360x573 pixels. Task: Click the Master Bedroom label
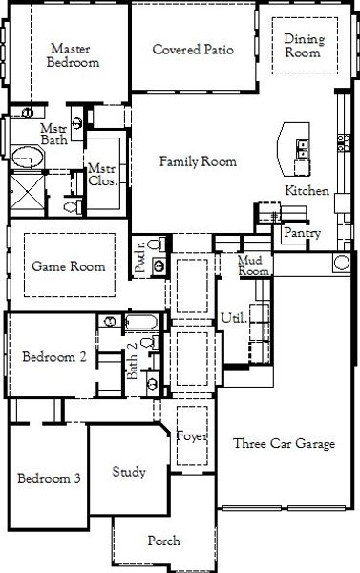click(73, 55)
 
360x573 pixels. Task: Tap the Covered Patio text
click(193, 50)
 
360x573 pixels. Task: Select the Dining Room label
click(304, 46)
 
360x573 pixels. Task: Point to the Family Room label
click(198, 161)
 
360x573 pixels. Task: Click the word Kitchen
click(307, 190)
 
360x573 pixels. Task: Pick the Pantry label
click(303, 233)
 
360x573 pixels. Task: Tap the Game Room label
click(69, 266)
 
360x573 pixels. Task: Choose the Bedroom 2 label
click(54, 356)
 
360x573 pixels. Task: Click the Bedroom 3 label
click(49, 478)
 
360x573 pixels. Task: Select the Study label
click(129, 472)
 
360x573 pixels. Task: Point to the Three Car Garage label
click(284, 443)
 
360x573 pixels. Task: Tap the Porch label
click(163, 541)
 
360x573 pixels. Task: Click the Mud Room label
click(253, 265)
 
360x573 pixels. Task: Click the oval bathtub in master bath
click(28, 158)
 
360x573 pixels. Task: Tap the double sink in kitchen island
click(303, 150)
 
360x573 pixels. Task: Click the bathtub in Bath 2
click(142, 323)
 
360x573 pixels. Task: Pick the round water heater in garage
click(342, 263)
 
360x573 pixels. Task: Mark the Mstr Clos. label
click(103, 175)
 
